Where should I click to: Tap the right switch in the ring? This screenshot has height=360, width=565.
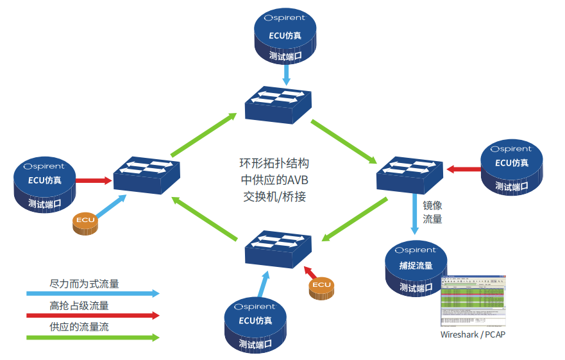[x=410, y=173]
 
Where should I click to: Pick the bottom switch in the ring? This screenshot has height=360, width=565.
[x=278, y=249]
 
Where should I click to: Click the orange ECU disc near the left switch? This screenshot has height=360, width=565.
[x=86, y=223]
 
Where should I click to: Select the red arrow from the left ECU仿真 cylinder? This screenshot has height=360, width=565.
[x=94, y=181]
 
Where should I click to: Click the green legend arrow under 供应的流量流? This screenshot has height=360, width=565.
[x=92, y=337]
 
